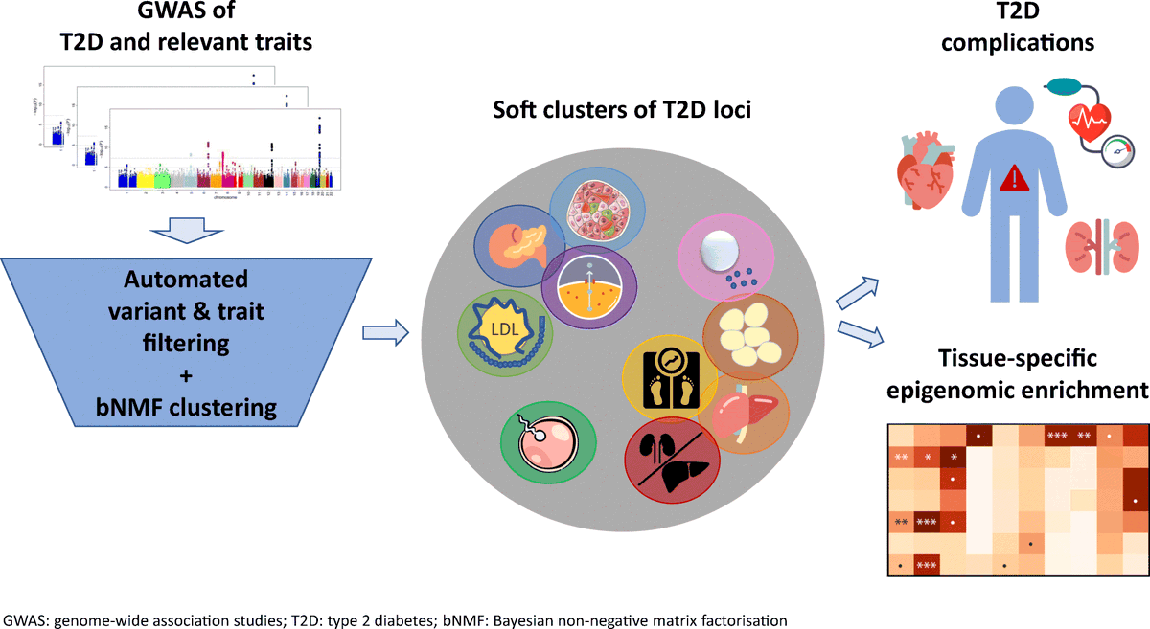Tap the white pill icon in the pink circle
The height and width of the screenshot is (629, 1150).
(721, 254)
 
